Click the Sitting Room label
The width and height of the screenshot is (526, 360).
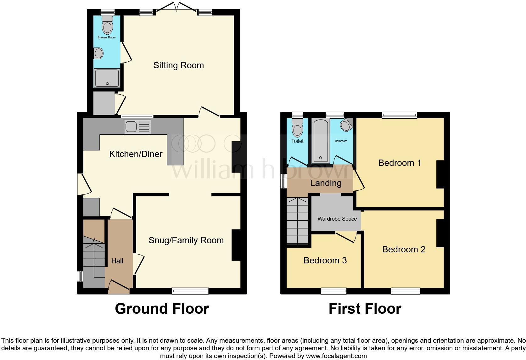click(178, 65)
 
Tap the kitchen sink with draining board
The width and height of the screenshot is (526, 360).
click(137, 127)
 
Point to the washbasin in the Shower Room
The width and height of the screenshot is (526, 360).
click(98, 53)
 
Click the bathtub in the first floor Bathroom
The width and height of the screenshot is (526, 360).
click(320, 142)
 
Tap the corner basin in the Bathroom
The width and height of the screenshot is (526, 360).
click(346, 125)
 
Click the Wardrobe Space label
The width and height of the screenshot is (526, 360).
click(337, 219)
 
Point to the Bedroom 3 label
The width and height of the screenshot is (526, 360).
click(325, 260)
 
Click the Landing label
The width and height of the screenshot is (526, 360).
click(326, 183)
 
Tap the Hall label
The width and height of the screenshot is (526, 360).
click(117, 261)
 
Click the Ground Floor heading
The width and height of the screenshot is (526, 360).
click(162, 309)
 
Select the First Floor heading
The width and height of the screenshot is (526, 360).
click(365, 309)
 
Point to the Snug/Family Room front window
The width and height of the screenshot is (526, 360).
click(190, 291)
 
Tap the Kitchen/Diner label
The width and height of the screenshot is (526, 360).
click(136, 154)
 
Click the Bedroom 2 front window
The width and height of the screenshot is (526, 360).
click(406, 291)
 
